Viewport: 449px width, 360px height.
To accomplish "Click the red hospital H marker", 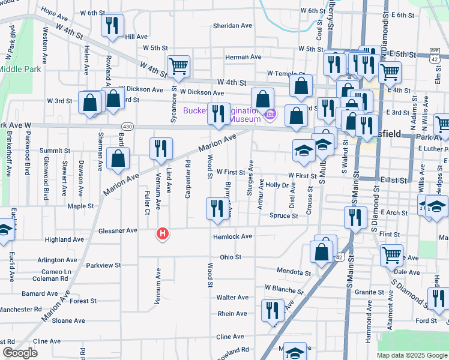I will tap(161, 234).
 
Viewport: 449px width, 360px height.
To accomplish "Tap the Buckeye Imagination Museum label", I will tap(220, 115).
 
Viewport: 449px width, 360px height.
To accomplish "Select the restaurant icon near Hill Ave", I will tap(112, 25).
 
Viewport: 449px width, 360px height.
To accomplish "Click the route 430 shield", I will tap(127, 127).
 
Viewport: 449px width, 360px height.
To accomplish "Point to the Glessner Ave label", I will tap(118, 230).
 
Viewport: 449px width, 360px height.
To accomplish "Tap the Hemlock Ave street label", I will tap(232, 236).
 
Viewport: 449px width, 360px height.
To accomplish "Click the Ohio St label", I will tap(230, 257).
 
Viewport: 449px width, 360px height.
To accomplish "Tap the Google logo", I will tap(20, 353).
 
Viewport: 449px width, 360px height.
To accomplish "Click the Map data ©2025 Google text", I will tap(412, 355).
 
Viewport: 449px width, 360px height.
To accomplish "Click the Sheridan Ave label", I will tap(233, 26).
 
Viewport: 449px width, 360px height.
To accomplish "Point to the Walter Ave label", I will tap(232, 297).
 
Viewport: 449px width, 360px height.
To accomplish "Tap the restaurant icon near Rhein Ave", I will tap(273, 310).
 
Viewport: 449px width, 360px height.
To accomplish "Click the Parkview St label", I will tap(103, 265).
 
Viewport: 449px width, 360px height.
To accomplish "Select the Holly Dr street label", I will tap(277, 185).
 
